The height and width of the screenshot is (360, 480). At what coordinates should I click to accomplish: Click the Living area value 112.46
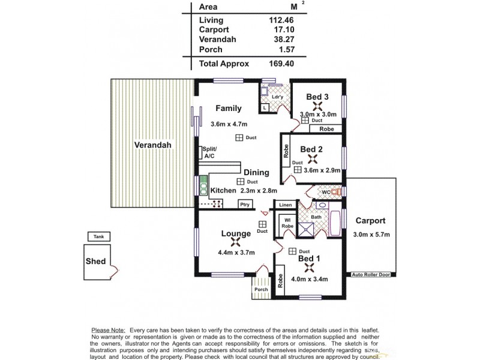tap(280, 20)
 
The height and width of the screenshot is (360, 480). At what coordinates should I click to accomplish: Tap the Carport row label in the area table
tap(213, 29)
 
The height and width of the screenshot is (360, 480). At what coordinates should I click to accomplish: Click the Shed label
tap(96, 261)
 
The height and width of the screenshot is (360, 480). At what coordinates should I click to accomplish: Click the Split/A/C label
tap(210, 152)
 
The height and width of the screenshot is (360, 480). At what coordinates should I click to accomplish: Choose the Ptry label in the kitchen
tap(244, 205)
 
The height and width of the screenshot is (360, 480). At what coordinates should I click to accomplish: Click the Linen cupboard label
tap(285, 205)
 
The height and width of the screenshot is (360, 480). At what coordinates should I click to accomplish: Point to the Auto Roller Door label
tap(370, 274)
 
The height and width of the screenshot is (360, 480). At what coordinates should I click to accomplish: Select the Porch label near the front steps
tap(261, 290)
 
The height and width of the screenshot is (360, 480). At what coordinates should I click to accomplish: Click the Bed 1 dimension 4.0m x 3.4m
tap(309, 278)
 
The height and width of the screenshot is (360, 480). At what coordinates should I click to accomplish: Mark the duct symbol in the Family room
tap(239, 138)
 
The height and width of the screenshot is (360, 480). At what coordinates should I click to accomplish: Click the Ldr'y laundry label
tap(277, 97)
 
